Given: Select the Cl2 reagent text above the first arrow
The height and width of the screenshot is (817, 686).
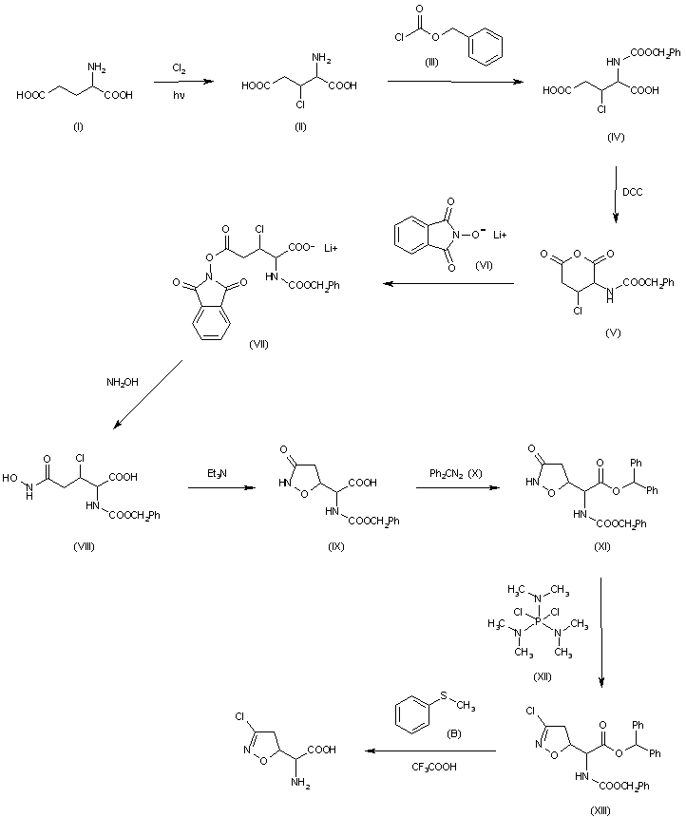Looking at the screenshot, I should tap(179, 68).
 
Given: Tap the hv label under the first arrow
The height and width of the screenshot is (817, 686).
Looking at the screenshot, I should tap(179, 95).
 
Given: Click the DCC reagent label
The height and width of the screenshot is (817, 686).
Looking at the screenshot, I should tap(634, 192).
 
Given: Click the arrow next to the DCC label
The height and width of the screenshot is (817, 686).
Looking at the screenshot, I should tap(616, 195).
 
